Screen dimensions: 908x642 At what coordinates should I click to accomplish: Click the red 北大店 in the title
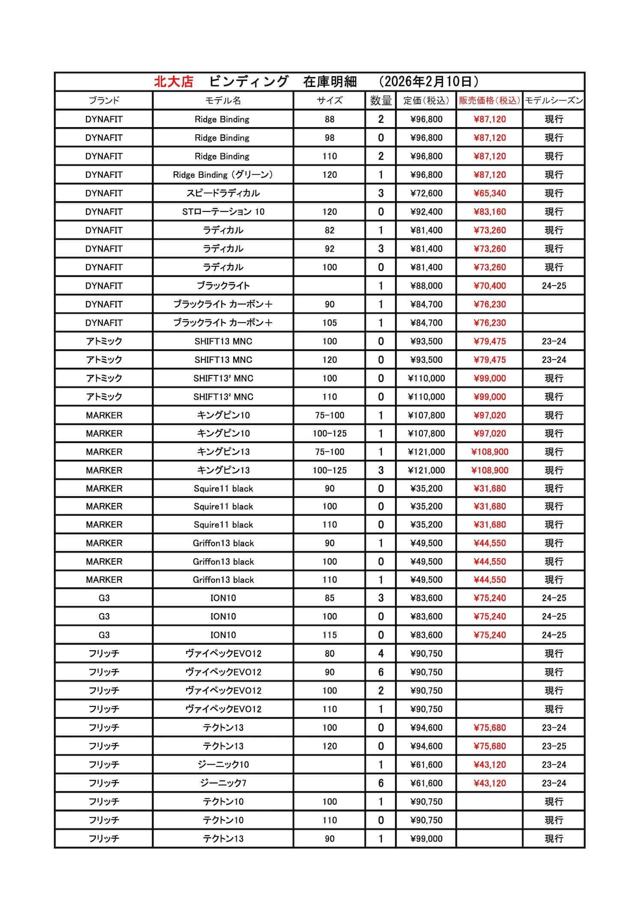(x=173, y=81)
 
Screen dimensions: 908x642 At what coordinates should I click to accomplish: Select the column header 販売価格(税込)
(x=489, y=101)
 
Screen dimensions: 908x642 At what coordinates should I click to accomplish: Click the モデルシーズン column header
(x=554, y=101)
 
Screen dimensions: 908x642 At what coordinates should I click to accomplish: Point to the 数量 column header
(x=380, y=101)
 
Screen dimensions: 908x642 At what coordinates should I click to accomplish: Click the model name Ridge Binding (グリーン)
(x=223, y=175)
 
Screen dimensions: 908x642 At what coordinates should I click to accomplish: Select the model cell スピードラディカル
(x=223, y=193)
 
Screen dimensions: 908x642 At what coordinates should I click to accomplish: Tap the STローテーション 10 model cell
(x=223, y=211)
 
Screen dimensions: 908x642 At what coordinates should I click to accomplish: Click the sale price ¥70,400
(x=490, y=286)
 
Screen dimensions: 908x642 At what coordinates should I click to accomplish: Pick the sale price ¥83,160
(x=490, y=211)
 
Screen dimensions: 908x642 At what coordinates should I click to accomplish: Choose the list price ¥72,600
(x=426, y=193)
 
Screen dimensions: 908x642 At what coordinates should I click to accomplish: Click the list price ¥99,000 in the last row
(x=426, y=839)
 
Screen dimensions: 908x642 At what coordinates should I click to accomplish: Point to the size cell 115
(x=330, y=635)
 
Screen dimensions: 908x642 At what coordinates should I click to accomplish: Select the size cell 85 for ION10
(x=330, y=598)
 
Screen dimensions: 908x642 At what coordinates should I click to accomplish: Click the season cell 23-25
(x=554, y=746)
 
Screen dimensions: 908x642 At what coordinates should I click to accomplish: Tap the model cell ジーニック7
(x=223, y=783)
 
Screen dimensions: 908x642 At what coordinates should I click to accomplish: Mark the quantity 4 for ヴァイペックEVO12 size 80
(x=380, y=654)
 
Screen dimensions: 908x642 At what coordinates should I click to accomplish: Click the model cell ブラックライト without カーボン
(x=223, y=286)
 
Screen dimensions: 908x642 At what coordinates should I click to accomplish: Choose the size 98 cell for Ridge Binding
(x=330, y=138)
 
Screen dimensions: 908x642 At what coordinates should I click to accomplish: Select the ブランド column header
(x=104, y=101)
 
